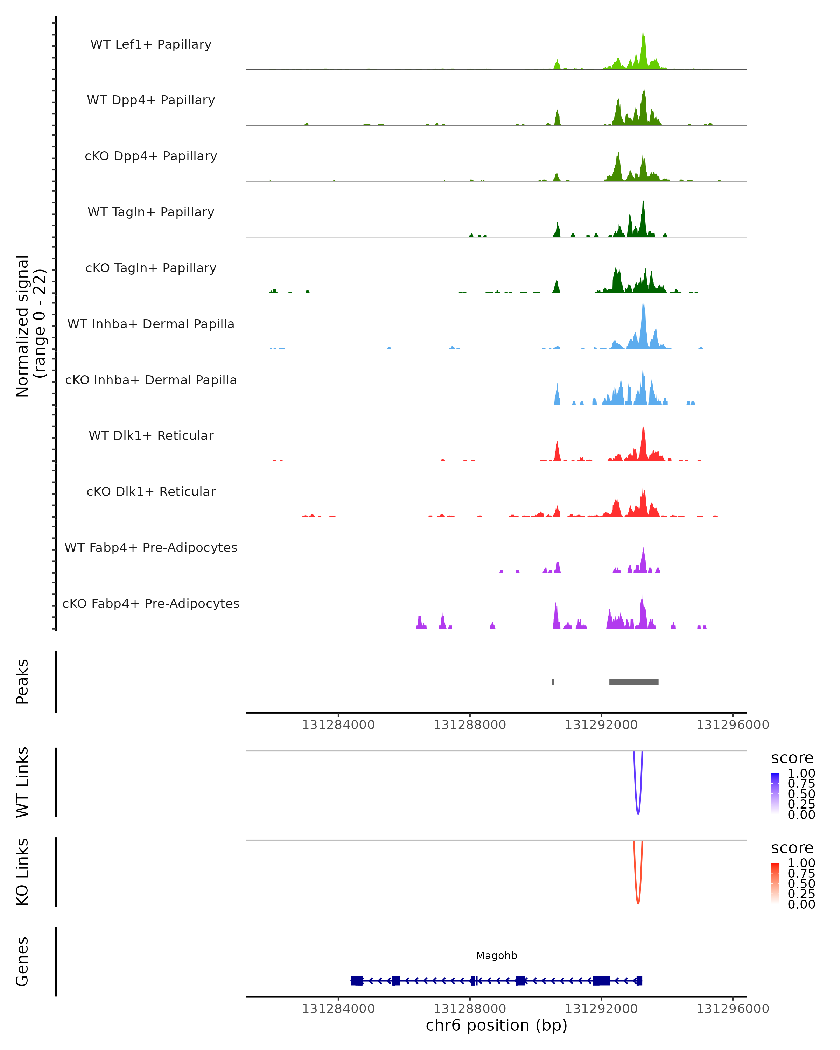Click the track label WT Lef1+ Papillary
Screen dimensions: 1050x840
point(151,44)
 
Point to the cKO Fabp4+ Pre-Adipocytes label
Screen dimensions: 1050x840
point(151,603)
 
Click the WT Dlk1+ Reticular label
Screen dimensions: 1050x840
point(151,435)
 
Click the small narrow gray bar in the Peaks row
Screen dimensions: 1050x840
point(553,682)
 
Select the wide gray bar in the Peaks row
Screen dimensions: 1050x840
point(633,682)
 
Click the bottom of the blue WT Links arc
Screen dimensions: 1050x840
point(638,813)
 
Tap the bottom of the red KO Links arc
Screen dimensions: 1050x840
point(638,903)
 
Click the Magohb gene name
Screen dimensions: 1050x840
point(496,955)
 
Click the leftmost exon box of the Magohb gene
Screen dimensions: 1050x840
point(357,980)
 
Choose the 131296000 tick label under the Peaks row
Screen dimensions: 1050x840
point(733,725)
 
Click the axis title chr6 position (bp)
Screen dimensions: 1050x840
point(496,1025)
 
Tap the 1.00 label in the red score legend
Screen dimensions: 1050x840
point(801,863)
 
